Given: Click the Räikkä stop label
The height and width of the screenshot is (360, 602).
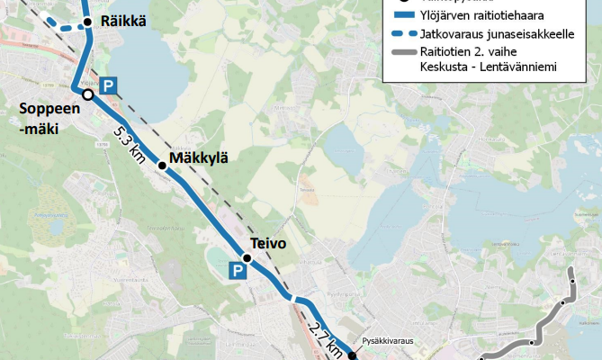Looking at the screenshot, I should [x=124, y=22].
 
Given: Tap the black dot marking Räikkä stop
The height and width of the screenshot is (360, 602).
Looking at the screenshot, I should [x=87, y=22].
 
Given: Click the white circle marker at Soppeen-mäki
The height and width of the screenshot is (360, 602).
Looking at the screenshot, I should [x=87, y=94].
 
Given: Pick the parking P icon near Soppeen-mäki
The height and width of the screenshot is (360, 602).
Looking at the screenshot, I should [x=108, y=86].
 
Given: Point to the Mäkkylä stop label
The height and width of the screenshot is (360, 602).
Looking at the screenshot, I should [x=198, y=158].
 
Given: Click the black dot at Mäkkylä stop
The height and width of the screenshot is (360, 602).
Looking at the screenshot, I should [x=162, y=165].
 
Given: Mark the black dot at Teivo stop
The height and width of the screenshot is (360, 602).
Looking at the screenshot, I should [x=247, y=258].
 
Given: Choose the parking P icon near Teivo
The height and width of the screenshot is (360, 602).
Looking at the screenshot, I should [x=237, y=271].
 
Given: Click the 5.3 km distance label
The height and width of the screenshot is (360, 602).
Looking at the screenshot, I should [x=130, y=143].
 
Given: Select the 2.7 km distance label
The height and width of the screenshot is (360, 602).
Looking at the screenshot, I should [x=324, y=337].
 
